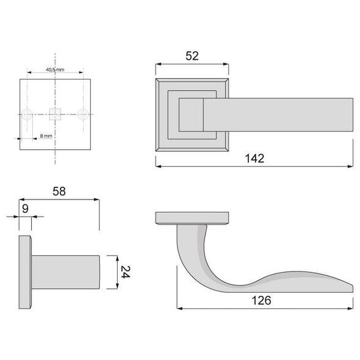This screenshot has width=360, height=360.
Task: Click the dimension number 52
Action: [192, 56]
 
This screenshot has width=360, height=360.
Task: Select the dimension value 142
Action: [254, 159]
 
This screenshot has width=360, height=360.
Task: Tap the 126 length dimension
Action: [261, 300]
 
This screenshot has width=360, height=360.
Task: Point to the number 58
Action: [59, 191]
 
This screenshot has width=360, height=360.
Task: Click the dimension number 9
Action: [25, 209]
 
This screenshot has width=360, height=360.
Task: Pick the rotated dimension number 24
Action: [125, 272]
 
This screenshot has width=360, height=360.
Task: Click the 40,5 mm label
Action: [55, 70]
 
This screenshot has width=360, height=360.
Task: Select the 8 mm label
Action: [46, 136]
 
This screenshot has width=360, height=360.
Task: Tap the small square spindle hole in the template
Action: [55, 114]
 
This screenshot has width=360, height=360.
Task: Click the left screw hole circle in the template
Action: [27, 114]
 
